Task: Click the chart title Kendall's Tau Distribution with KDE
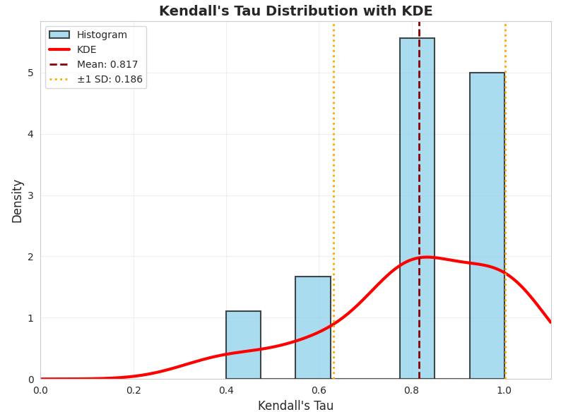(x=295, y=11)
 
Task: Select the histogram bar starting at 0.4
(x=243, y=345)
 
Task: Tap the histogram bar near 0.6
(x=312, y=327)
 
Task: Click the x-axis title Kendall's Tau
(x=295, y=406)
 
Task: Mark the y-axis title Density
(x=17, y=200)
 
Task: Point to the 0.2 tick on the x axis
(x=134, y=390)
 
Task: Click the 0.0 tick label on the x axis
(x=40, y=390)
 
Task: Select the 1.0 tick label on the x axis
(x=504, y=390)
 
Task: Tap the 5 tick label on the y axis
(x=30, y=73)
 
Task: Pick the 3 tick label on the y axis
(x=30, y=195)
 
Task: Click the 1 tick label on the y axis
(x=30, y=318)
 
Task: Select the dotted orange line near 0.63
(x=333, y=176)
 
